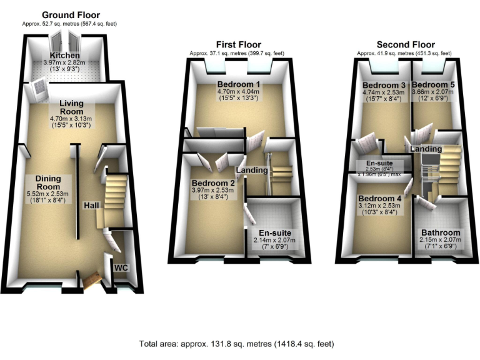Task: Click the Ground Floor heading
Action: tap(70, 15)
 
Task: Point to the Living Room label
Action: tap(72, 107)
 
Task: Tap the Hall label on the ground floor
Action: tap(91, 204)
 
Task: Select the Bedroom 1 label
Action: tap(239, 84)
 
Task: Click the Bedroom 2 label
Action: tap(214, 183)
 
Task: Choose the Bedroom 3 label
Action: tap(383, 84)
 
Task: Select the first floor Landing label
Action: tap(252, 171)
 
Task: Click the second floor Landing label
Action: tap(426, 149)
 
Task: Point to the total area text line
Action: tap(237, 343)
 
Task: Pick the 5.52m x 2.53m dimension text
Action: tap(52, 194)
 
